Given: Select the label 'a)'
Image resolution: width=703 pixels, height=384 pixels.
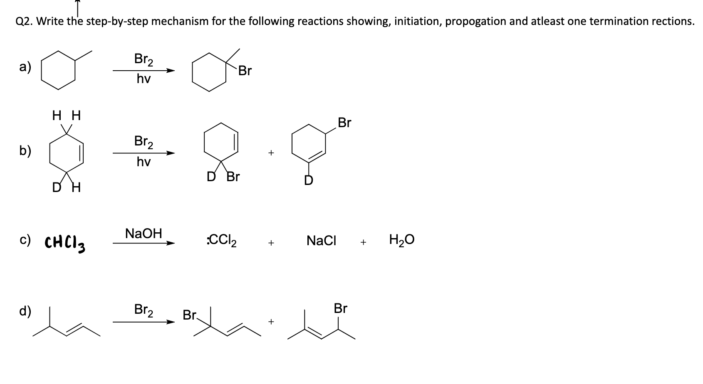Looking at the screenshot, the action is (25, 67).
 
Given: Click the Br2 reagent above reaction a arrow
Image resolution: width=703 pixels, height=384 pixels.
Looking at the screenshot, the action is (144, 59).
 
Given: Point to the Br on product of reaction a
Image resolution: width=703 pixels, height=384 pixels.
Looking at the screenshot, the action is (245, 71).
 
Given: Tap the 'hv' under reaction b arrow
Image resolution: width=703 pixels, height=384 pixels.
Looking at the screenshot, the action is (144, 162).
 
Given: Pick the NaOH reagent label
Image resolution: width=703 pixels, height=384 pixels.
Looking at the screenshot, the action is (144, 234).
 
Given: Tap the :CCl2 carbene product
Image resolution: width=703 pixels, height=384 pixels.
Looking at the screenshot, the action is (221, 241).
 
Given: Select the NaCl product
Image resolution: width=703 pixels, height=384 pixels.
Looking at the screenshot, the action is (321, 241).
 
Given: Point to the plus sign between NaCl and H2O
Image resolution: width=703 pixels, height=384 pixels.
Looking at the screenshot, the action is (363, 242).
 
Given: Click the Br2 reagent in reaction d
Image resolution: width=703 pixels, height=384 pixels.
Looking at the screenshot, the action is (144, 310).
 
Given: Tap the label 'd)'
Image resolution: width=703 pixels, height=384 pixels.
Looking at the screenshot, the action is (25, 311).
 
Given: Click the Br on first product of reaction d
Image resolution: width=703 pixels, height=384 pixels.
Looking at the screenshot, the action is (190, 315).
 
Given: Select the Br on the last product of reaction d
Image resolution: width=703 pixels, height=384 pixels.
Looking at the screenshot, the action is (340, 309).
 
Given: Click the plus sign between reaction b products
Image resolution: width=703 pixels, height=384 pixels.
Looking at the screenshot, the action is (271, 153).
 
